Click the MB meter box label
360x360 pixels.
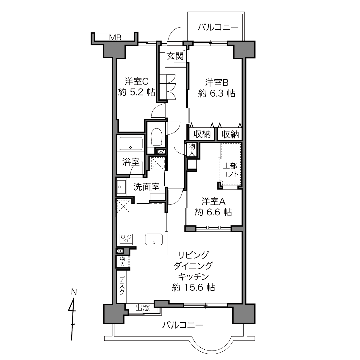pos(115,38)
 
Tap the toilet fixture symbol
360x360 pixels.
pos(156,137)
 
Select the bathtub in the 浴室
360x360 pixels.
pos(131,143)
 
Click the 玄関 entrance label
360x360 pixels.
pos(175,56)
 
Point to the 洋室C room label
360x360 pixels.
pos(137,81)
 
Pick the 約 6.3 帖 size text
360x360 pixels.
pos(217,93)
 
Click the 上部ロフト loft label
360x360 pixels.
pos(230,170)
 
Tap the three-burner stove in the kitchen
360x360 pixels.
pos(126,239)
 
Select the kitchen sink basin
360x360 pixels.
pos(154,239)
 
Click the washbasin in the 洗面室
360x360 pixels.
pos(121,187)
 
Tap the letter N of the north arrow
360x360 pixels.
pos(74,292)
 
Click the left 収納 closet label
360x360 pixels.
pos(202,134)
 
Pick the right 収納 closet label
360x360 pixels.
pos(230,134)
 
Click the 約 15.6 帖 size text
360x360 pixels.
pos(193,287)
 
